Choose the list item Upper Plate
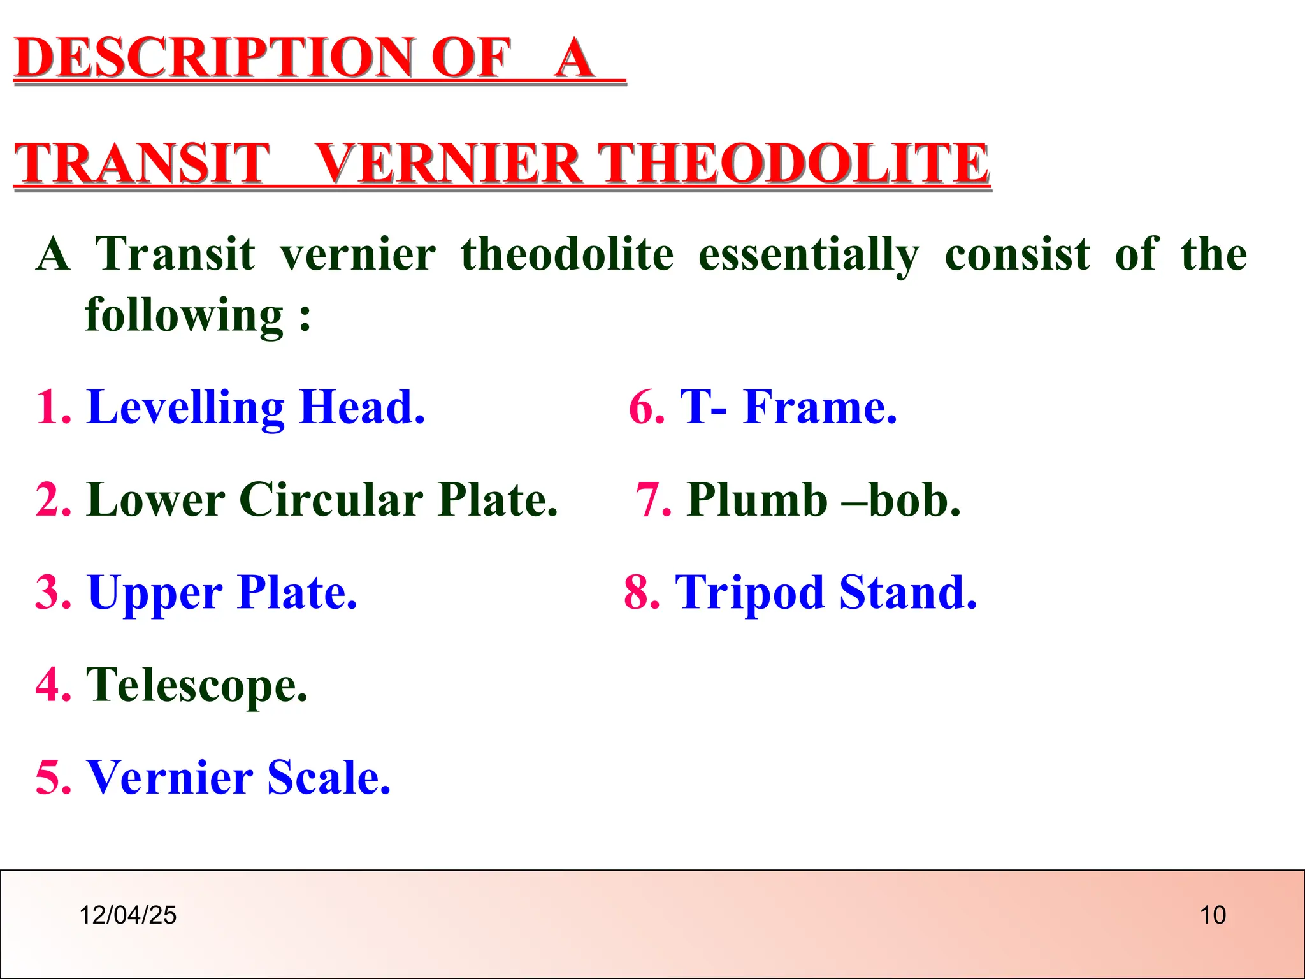[x=222, y=592]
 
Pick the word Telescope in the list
[x=196, y=685]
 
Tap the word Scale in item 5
[x=328, y=778]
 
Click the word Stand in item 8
[x=907, y=592]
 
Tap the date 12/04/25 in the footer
[x=127, y=915]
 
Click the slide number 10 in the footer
[x=1213, y=915]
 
